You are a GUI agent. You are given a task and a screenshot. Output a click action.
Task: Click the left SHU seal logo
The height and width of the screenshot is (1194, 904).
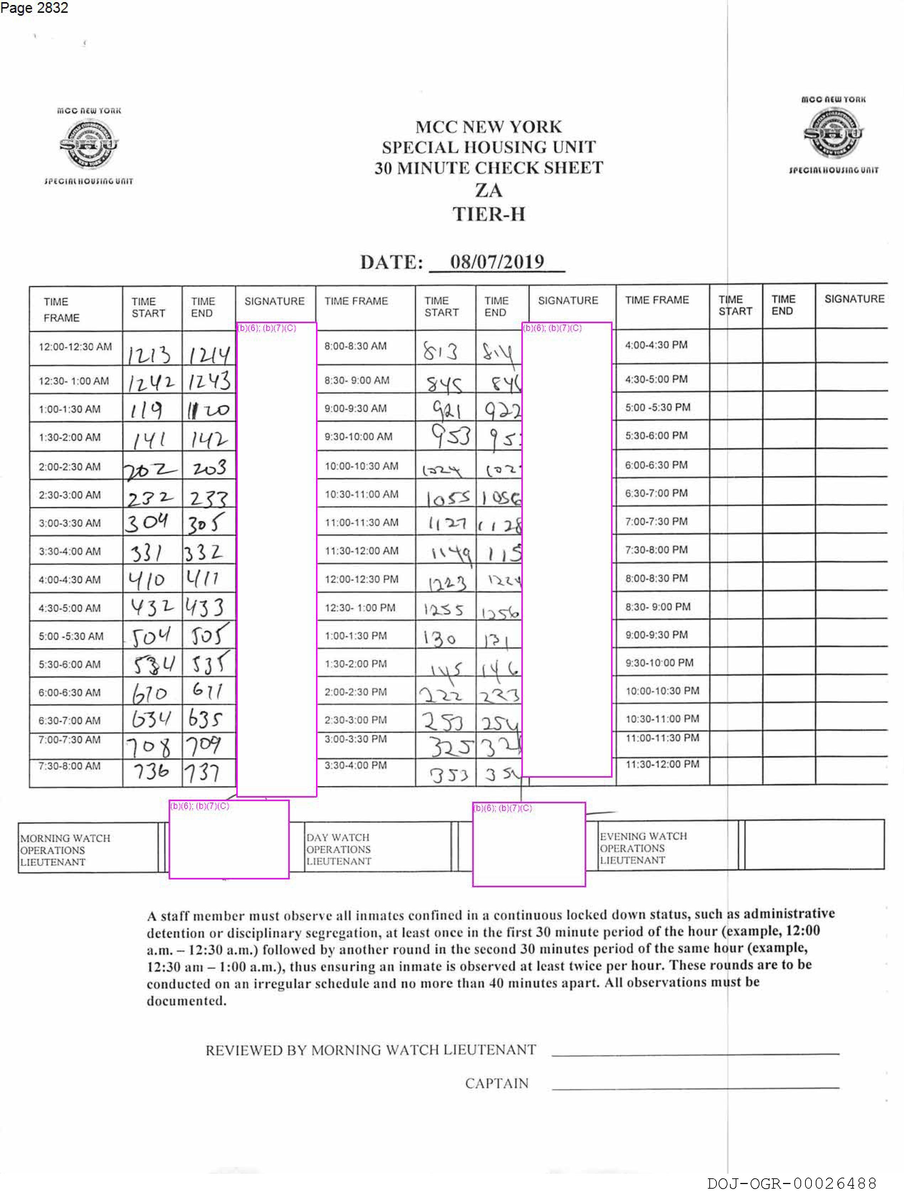(x=89, y=144)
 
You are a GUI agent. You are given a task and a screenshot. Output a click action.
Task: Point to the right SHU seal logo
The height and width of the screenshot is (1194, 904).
(x=833, y=133)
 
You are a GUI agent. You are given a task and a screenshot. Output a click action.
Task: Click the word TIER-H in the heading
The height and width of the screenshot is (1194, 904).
(x=488, y=214)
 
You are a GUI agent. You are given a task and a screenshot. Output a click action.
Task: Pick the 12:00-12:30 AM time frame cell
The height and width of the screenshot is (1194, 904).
(x=75, y=347)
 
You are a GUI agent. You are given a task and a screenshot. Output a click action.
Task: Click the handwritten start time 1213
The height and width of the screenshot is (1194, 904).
(x=149, y=354)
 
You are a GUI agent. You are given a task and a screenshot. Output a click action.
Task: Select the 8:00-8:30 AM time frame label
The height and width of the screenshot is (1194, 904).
(x=355, y=346)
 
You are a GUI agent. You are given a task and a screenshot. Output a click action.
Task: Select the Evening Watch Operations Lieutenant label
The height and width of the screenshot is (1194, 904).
(x=643, y=848)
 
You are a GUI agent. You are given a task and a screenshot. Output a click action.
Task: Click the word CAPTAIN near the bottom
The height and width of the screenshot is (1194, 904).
(x=496, y=1083)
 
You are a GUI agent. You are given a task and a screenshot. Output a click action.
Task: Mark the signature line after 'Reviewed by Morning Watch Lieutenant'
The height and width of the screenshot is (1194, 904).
(x=695, y=1053)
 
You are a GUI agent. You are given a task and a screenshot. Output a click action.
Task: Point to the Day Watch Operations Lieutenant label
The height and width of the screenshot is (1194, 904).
(x=338, y=849)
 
